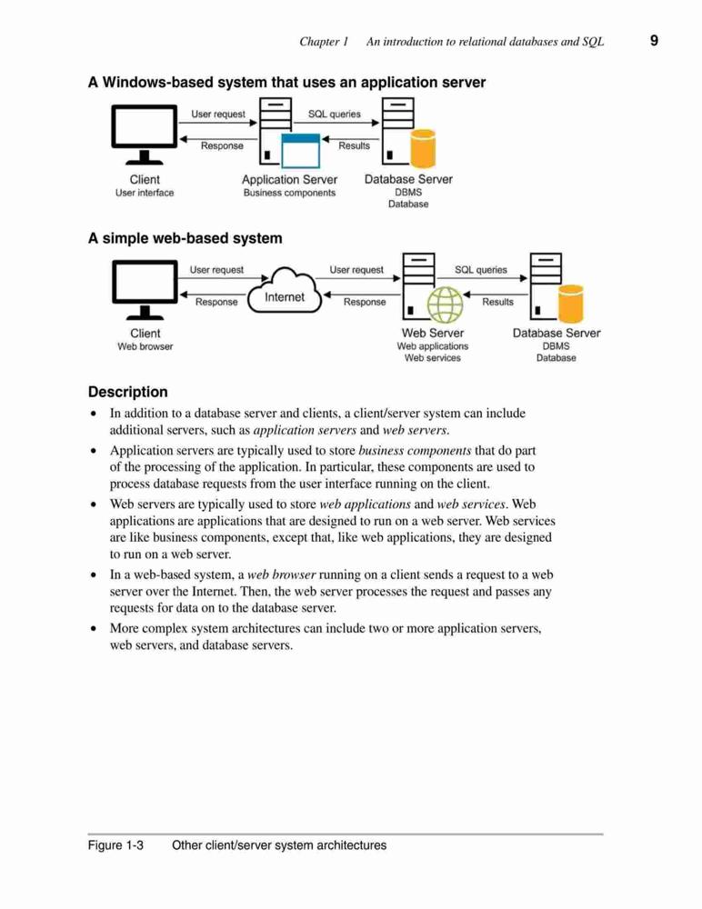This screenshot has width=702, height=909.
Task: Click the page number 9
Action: point(654,41)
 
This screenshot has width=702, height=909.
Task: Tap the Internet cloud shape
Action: point(285,291)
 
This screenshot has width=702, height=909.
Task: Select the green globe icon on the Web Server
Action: point(446,305)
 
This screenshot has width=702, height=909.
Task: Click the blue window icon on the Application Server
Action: point(300,151)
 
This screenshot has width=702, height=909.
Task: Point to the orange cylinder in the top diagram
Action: point(423,148)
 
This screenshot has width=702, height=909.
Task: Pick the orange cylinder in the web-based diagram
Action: point(571,304)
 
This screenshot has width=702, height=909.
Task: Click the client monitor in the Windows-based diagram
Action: point(145,135)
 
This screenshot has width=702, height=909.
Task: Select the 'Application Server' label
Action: point(289,180)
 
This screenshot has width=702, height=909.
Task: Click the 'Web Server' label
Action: point(433,334)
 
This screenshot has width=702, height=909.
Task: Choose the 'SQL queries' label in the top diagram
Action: point(334,115)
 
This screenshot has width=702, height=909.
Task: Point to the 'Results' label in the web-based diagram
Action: point(497,302)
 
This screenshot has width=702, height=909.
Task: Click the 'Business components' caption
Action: point(289,193)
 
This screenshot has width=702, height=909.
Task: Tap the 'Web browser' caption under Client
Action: point(145,346)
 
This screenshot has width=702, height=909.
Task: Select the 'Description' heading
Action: point(127,392)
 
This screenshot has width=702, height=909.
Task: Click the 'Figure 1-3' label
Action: point(115,845)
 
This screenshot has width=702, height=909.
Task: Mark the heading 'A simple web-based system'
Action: point(186,238)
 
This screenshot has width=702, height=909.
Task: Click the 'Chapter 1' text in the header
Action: point(324,42)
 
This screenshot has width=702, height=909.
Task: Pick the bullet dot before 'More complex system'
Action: point(94,628)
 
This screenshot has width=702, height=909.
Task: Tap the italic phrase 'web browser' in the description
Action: point(281,575)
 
